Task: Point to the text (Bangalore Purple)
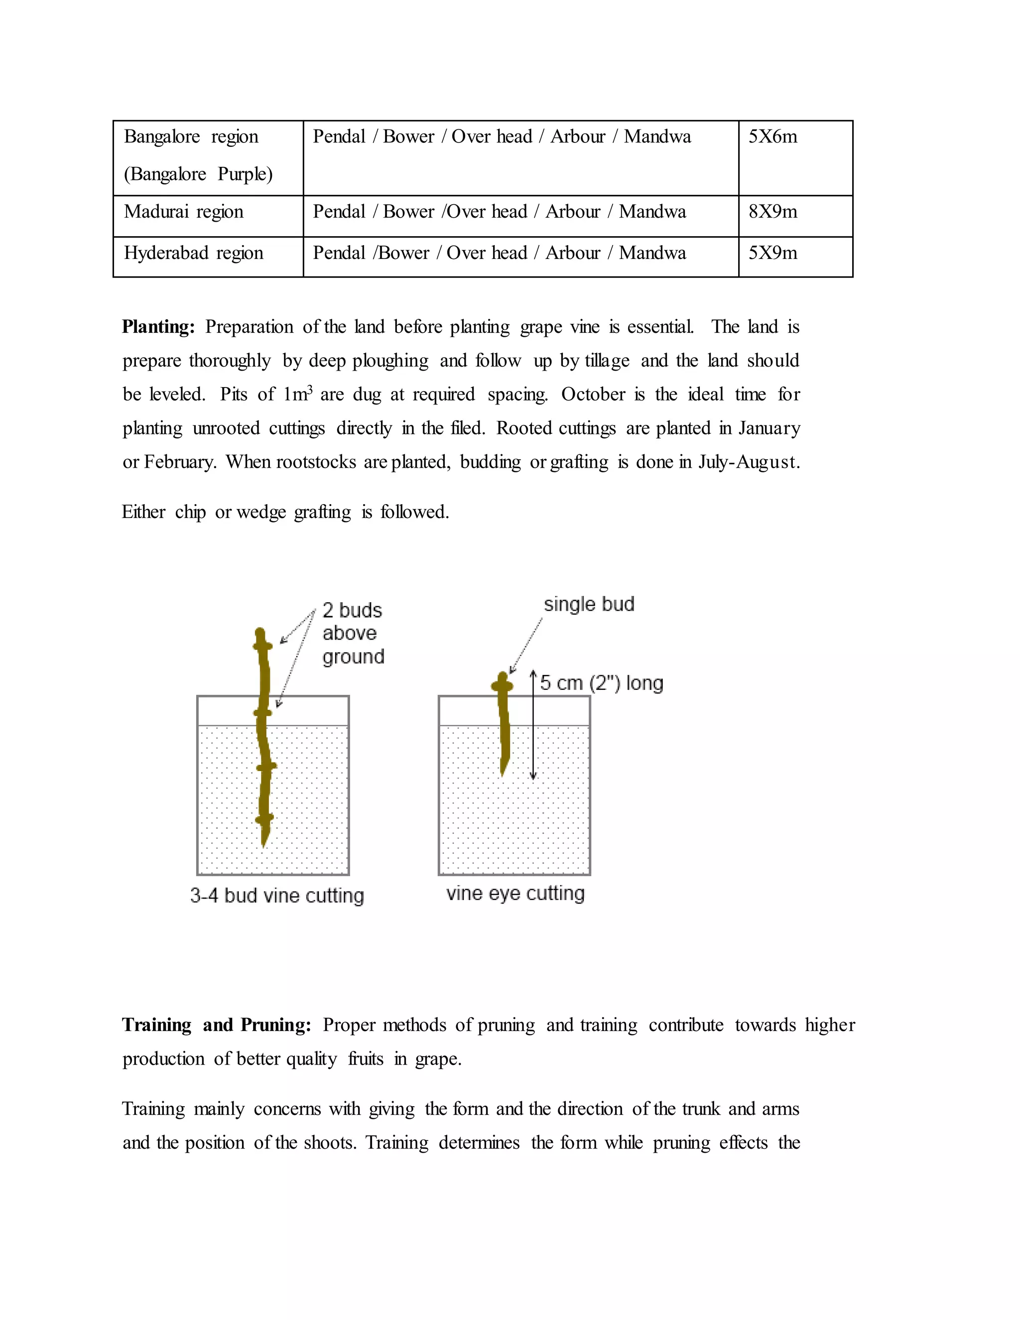198,174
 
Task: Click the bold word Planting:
158,327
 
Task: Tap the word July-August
749,462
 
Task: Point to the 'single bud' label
589,604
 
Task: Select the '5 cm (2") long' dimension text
602,683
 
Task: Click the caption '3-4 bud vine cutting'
277,895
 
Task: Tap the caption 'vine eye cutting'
515,893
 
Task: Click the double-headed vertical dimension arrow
533,725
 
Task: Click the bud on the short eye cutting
502,685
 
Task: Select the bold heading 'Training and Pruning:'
216,1025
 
